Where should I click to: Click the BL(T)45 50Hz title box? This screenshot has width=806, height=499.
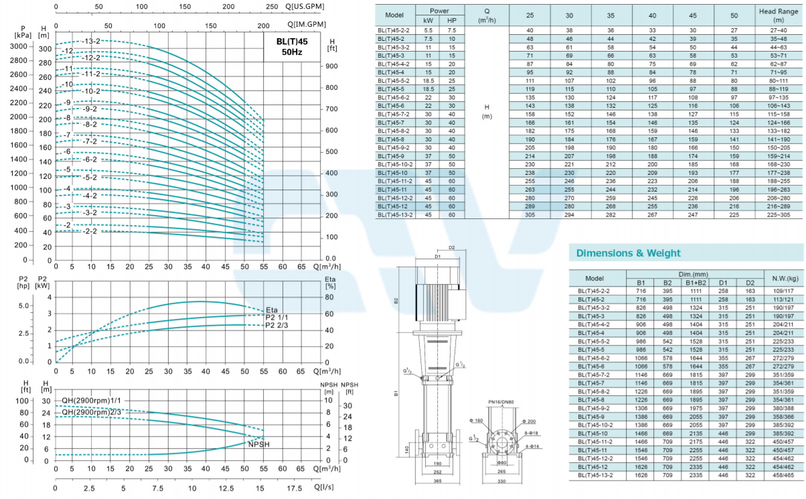pos(292,47)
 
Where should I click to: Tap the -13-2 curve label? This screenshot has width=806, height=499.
pos(90,42)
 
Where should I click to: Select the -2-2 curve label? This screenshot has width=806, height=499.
pos(90,231)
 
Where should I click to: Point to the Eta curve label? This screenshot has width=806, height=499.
pos(272,310)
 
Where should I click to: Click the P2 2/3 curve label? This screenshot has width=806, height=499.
pos(276,326)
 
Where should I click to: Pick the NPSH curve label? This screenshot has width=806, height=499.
pos(258,444)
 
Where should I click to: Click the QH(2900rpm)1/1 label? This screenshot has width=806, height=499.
pos(92,401)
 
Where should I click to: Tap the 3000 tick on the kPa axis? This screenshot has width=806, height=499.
pos(19,46)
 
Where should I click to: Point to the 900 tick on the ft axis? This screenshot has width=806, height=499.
pos(331,66)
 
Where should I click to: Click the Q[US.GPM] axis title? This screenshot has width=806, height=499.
pos(305,7)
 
